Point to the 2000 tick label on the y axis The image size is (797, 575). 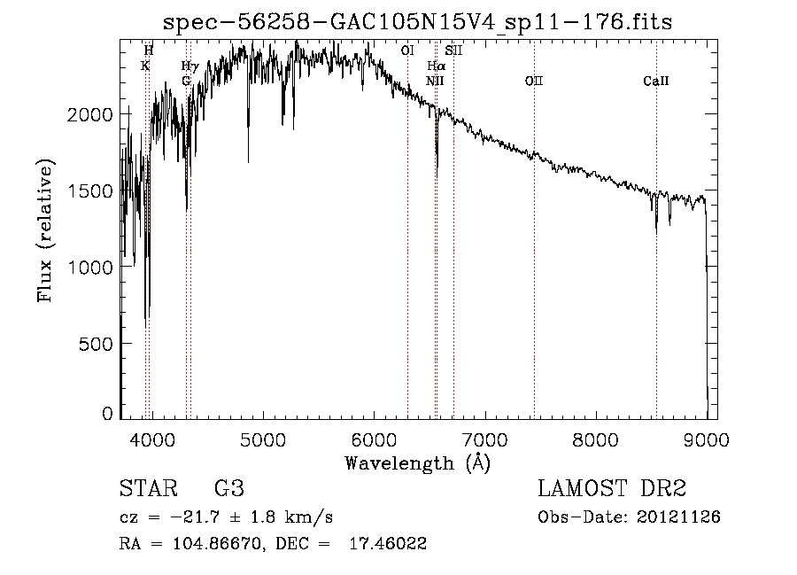click(x=92, y=114)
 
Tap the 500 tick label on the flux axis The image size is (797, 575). click(x=97, y=343)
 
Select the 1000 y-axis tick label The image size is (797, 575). click(x=92, y=267)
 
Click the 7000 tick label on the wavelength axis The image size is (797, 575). click(x=484, y=439)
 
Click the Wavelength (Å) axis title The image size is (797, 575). click(x=417, y=462)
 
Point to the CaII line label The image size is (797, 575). click(x=655, y=82)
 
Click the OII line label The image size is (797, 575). click(x=533, y=82)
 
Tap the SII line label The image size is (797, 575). click(x=453, y=51)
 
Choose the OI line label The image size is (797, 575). click(x=407, y=51)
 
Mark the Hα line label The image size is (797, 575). click(x=436, y=66)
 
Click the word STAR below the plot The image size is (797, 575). click(x=146, y=489)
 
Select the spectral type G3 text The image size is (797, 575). click(x=228, y=489)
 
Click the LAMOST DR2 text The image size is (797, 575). click(x=612, y=489)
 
